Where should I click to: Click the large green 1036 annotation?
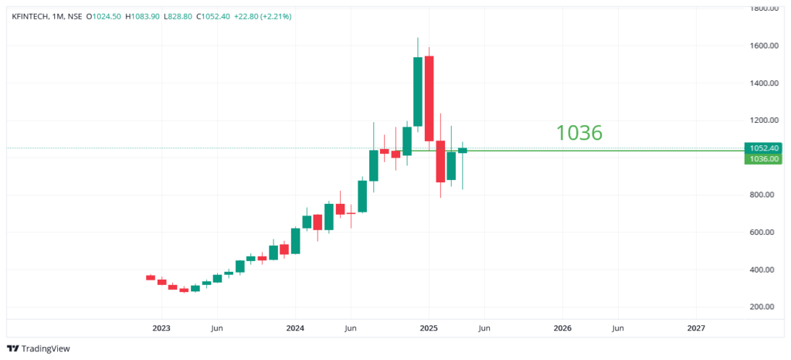pos(579,133)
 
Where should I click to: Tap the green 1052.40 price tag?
pos(763,148)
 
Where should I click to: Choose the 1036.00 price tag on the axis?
pos(763,158)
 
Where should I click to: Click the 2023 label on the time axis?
pos(161,328)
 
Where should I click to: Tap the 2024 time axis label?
pos(295,328)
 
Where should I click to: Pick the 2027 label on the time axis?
pos(696,328)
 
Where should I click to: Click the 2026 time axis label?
pos(562,328)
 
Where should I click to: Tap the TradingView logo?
pos(39,348)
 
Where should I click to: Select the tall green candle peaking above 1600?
pos(418,91)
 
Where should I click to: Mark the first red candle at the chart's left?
pos(151,277)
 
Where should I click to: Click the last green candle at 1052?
pos(463,150)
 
